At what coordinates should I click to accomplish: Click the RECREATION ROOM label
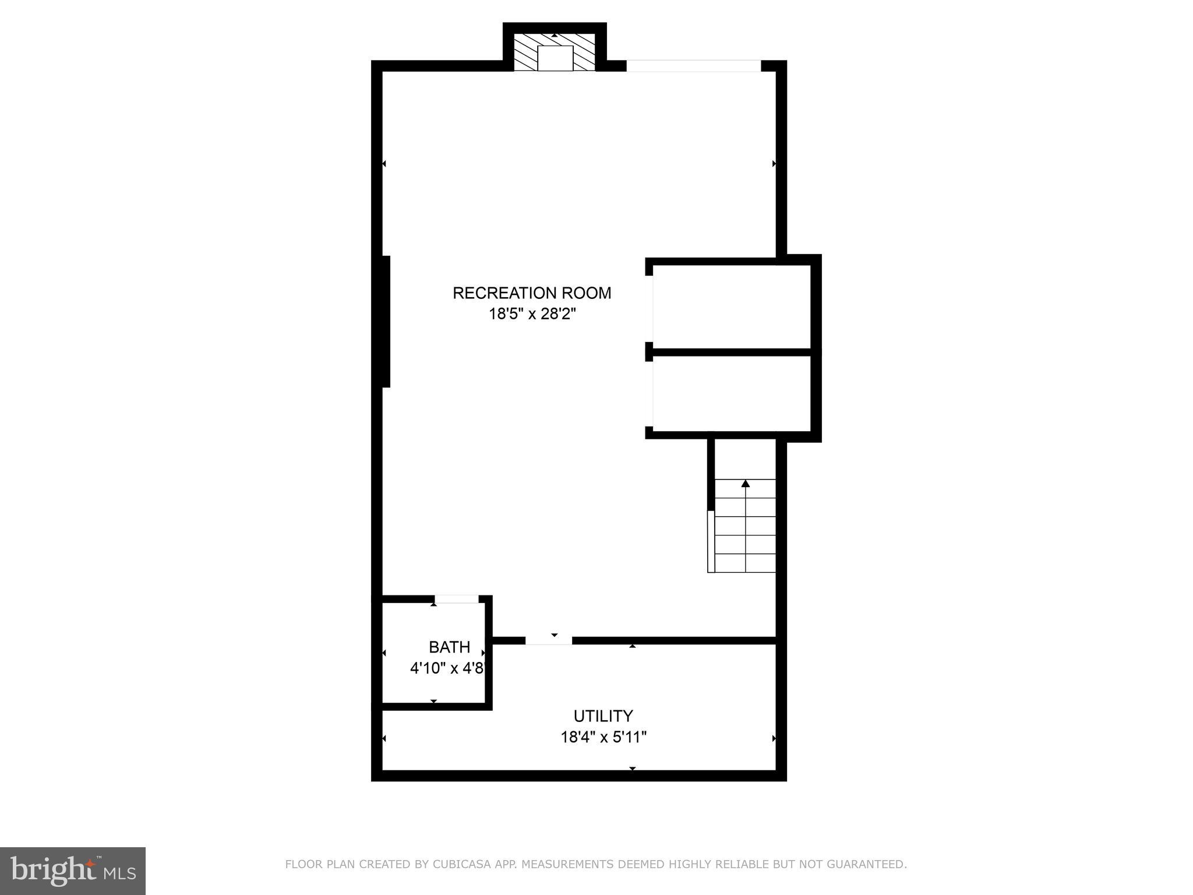532,293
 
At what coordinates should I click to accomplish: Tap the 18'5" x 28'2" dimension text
532,315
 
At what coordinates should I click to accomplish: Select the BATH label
449,647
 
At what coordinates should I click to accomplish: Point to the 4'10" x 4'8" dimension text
447,668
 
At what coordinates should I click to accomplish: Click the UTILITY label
603,716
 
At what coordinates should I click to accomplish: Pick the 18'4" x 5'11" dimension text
603,738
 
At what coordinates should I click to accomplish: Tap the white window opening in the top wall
693,66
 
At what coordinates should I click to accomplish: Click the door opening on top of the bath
456,599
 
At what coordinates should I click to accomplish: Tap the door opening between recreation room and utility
548,640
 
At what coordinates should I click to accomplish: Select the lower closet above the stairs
732,393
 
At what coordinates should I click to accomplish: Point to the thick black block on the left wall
384,321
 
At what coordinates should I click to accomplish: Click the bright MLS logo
73,871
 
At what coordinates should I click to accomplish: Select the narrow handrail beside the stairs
711,541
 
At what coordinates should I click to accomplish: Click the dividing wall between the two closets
732,352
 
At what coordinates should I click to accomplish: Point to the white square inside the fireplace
555,58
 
